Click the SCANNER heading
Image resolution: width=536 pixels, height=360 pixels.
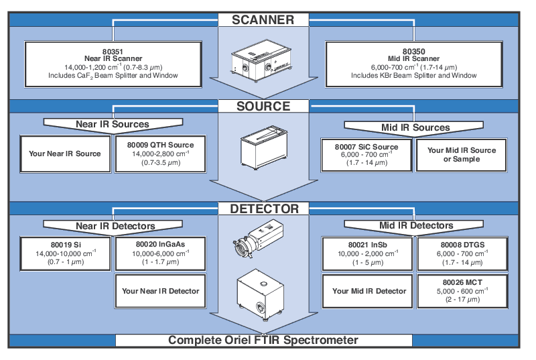[x=263, y=19]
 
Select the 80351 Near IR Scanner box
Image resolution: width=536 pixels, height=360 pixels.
[x=113, y=63]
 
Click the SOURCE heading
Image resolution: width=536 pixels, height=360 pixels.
[x=263, y=106]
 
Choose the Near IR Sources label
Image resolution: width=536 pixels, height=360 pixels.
[x=112, y=124]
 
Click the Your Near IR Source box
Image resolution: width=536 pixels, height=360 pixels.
[x=65, y=154]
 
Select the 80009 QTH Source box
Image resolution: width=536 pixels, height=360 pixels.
[x=160, y=154]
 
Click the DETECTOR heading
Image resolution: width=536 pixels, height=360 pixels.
[x=263, y=208]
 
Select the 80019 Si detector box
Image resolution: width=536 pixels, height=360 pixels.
[x=65, y=253]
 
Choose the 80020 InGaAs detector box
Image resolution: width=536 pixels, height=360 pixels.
[x=160, y=253]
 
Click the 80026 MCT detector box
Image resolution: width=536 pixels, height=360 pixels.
[x=462, y=291]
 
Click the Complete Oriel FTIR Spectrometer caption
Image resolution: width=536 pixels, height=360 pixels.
[x=263, y=340]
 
